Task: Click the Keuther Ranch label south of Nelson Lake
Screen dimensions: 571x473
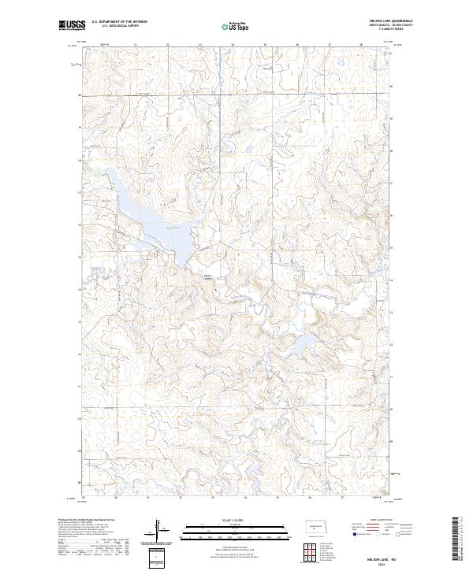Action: pyautogui.click(x=208, y=276)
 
